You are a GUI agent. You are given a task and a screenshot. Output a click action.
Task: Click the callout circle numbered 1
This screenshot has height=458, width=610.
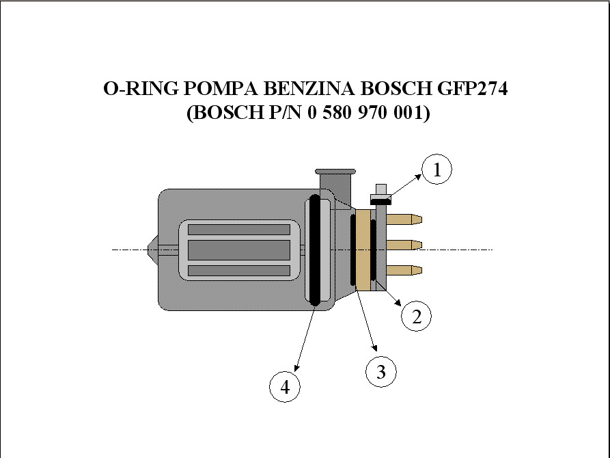437,170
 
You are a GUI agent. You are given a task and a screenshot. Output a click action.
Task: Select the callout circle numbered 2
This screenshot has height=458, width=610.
416,316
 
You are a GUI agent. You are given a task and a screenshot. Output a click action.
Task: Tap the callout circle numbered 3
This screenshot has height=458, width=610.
381,372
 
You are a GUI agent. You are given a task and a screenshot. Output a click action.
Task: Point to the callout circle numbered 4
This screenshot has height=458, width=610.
285,387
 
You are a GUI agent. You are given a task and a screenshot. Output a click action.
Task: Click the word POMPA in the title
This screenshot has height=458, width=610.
220,88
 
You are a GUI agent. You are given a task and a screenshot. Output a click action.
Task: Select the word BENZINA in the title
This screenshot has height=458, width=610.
309,88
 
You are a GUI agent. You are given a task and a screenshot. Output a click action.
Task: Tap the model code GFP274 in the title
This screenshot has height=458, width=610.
472,88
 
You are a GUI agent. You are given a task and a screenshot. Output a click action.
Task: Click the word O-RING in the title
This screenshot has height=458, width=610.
141,88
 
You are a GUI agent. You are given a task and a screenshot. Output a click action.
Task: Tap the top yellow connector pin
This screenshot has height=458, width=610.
404,219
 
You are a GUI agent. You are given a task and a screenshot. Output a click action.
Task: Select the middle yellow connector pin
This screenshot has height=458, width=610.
404,245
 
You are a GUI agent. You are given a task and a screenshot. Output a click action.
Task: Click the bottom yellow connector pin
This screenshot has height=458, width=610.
404,270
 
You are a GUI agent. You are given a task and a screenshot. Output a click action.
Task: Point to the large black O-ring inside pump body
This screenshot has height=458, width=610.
314,250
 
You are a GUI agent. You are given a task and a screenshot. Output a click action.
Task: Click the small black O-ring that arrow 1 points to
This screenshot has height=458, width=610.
380,201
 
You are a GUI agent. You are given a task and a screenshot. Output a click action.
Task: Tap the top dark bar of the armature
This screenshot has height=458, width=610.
239,230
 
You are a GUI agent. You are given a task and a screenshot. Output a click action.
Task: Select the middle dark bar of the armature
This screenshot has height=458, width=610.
239,250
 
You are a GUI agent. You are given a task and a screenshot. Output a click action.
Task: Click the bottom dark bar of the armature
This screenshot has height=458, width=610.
239,271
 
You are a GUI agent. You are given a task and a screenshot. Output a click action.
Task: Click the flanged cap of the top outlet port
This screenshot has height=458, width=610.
335,172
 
